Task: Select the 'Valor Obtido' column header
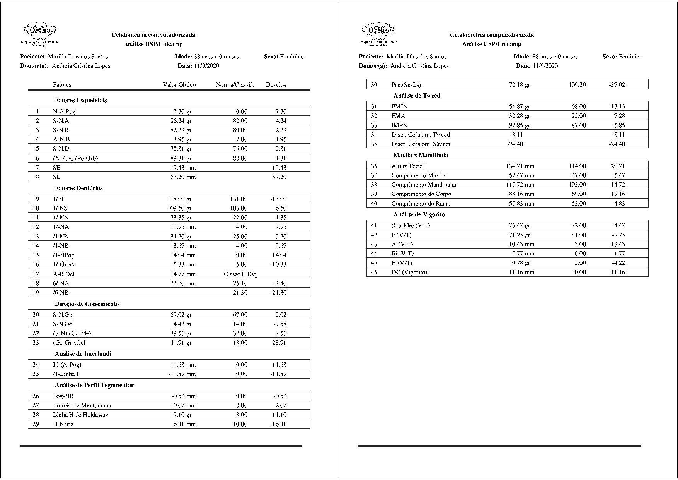[179, 85]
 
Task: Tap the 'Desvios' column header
[276, 85]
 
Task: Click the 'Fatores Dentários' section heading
[78, 188]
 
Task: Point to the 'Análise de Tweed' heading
[417, 96]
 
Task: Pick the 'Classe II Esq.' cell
[240, 274]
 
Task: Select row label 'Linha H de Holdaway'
[80, 415]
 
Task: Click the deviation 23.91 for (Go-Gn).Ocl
[279, 343]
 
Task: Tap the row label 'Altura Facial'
[408, 166]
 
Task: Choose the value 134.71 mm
[520, 166]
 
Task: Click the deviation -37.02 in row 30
[617, 85]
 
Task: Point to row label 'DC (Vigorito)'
[409, 272]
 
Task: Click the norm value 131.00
[238, 199]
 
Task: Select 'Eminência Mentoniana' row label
[82, 405]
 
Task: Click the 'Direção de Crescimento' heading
[87, 304]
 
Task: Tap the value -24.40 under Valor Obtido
[515, 144]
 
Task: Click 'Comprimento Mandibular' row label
[424, 185]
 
